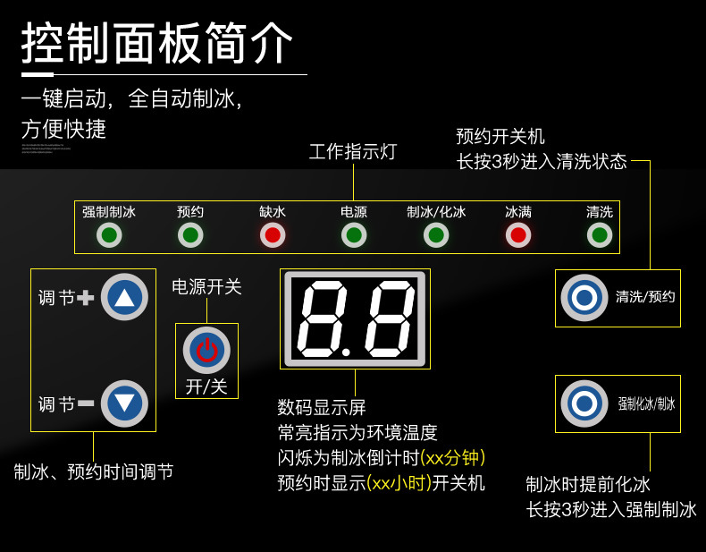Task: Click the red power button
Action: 206,350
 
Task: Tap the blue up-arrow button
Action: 124,297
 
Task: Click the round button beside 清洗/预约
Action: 584,298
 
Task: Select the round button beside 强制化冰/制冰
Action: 584,403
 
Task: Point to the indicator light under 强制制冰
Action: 109,235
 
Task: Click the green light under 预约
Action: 190,235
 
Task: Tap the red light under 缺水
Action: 273,235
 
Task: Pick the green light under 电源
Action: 354,235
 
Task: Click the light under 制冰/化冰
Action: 436,235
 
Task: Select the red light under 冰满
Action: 517,235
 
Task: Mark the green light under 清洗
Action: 600,235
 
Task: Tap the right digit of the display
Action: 384,318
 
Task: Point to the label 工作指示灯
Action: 353,152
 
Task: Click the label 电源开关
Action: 206,287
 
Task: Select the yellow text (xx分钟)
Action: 452,458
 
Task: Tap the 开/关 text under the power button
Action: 206,386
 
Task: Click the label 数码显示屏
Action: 322,408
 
